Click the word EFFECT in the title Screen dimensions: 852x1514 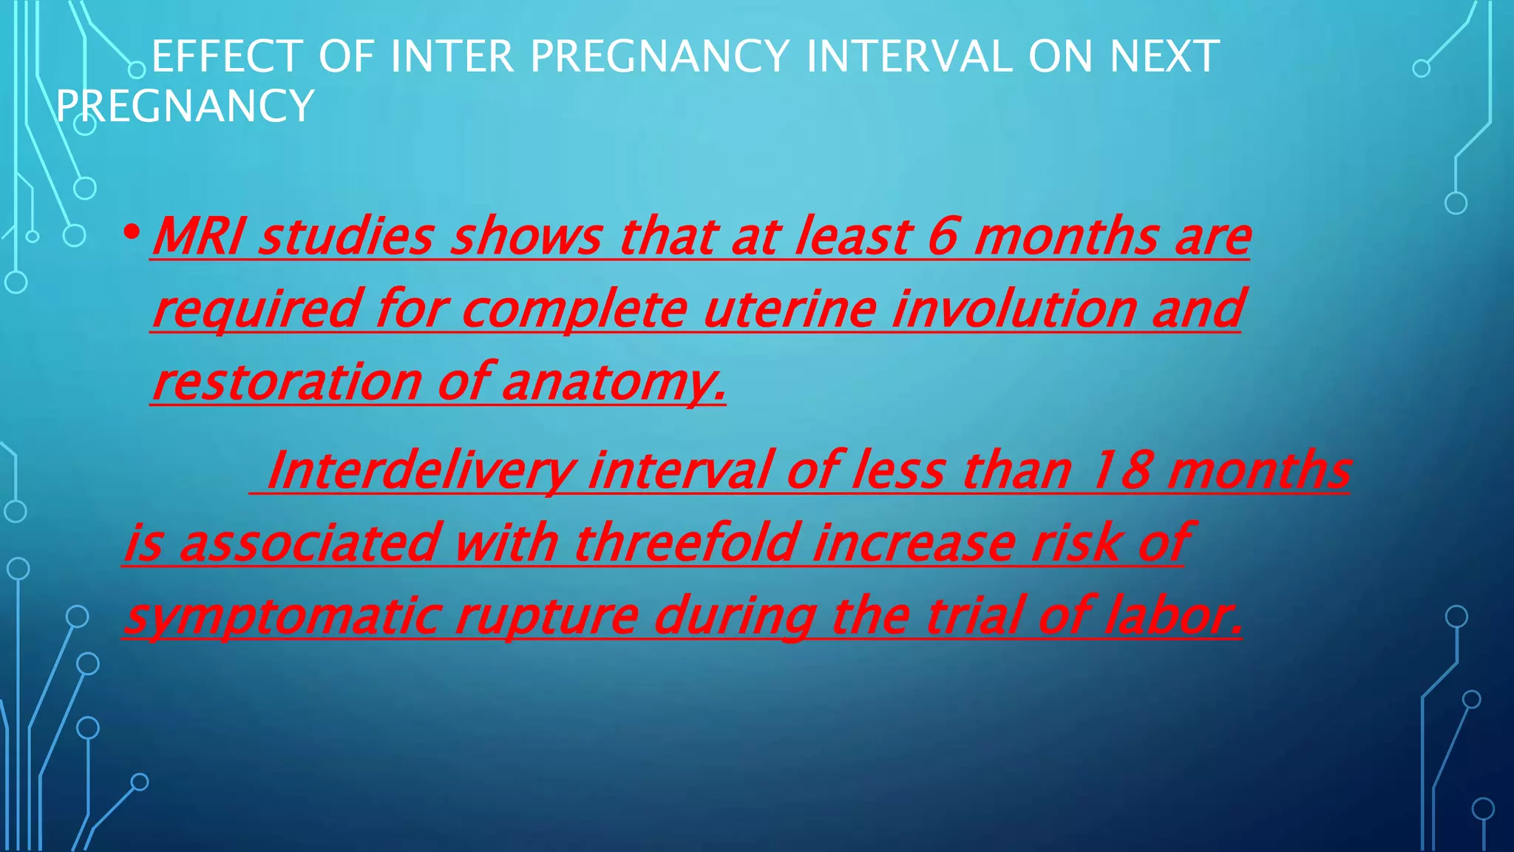pos(227,57)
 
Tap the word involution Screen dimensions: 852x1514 pos(1014,309)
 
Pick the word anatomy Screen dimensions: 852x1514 pos(614,383)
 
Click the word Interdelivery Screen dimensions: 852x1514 pos(421,470)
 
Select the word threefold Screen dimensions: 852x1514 pos(687,543)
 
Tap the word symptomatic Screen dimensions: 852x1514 pos(283,617)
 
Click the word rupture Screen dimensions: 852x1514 pos(546,617)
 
